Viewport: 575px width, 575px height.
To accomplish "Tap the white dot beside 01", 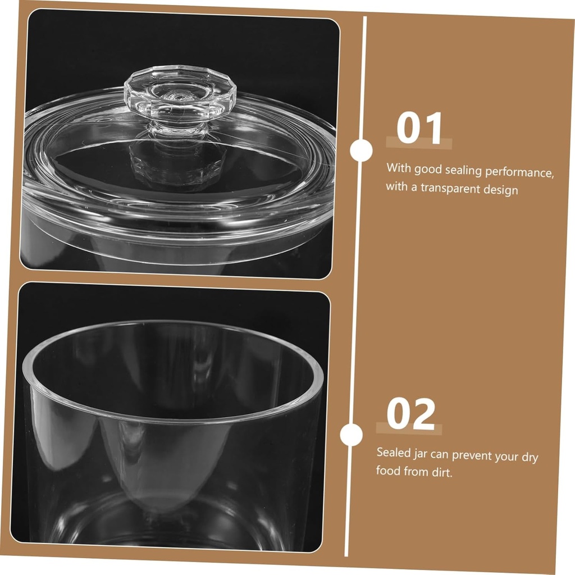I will point(361,150).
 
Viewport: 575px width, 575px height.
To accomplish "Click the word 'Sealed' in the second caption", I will point(393,452).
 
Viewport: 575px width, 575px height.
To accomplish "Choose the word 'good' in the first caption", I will point(428,169).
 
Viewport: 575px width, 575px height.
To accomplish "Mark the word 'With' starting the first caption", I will point(398,167).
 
